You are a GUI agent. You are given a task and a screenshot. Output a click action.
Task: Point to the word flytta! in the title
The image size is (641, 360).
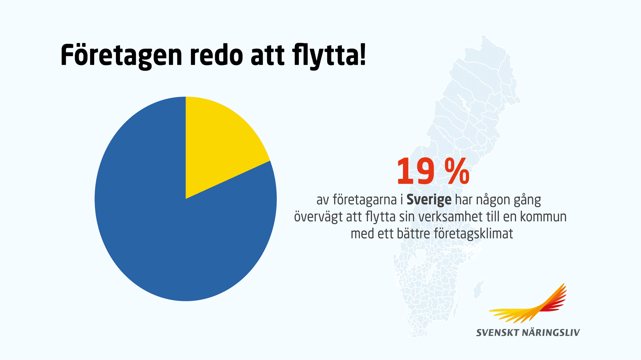point(329,55)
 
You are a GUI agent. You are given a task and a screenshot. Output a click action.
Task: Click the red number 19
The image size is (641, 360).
point(416,172)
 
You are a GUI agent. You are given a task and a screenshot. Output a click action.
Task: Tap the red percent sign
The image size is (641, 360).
point(457,172)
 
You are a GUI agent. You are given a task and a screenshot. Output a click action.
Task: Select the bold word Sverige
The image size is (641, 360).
point(429,200)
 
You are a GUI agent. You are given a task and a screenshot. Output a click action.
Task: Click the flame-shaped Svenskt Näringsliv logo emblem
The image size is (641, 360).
point(531,305)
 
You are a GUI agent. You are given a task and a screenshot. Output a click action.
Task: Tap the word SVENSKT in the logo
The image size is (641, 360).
point(497,333)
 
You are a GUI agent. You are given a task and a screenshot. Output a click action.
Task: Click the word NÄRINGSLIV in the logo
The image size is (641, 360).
point(551,333)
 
